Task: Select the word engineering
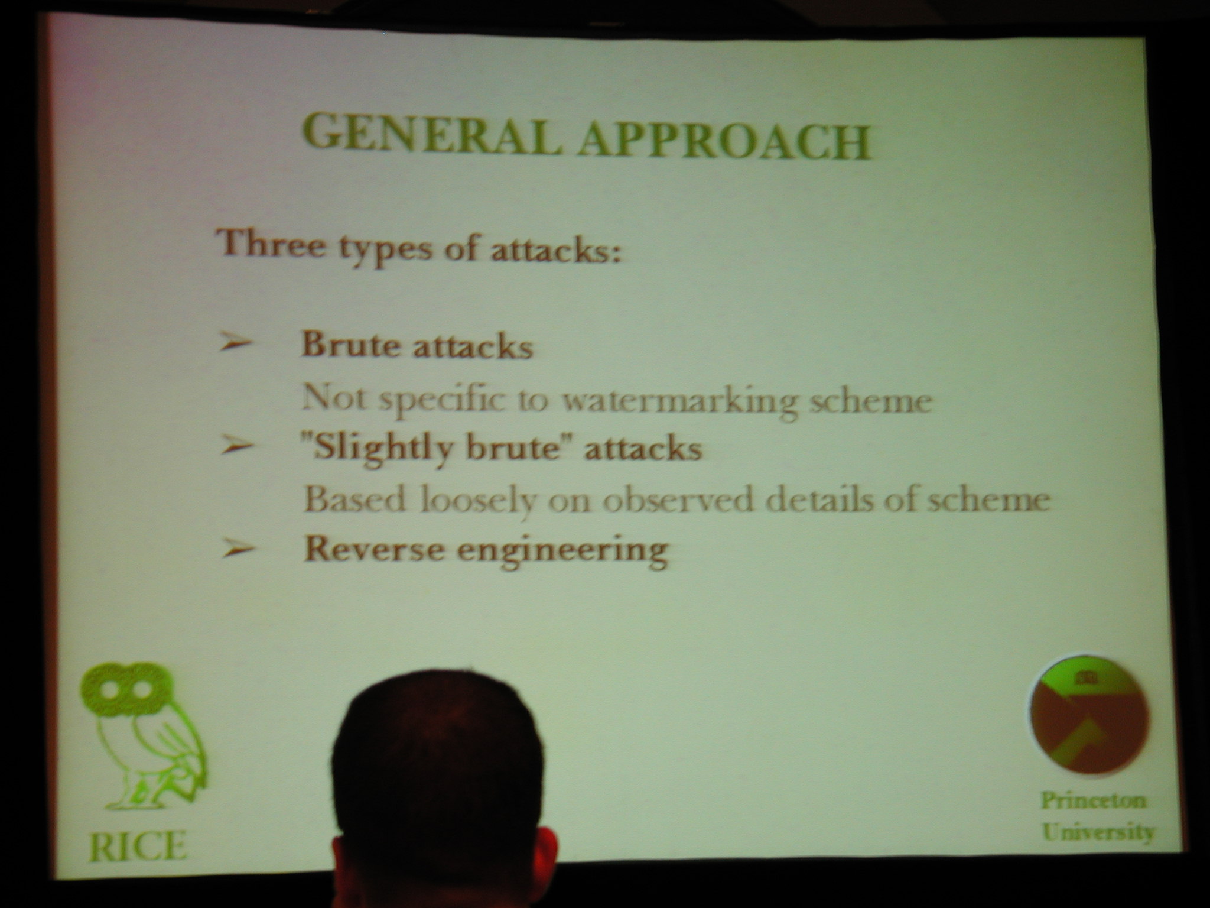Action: point(564,553)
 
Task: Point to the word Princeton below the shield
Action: point(1094,801)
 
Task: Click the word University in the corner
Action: point(1098,832)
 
